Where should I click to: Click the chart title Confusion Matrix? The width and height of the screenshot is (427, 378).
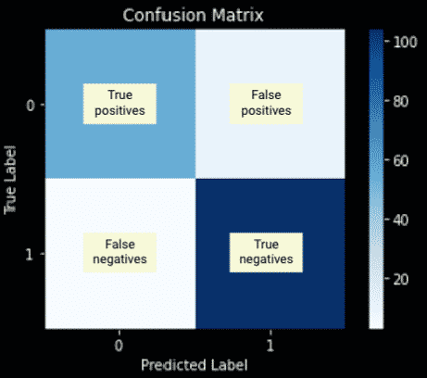[194, 15]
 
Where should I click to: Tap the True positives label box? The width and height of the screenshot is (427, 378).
[119, 104]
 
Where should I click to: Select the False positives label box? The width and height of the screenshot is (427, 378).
[266, 104]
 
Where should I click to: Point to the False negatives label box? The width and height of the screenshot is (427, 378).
[119, 253]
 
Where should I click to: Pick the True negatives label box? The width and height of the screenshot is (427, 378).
[266, 253]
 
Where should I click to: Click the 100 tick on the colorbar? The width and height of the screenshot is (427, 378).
[405, 42]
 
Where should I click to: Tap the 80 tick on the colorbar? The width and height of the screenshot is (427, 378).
[401, 101]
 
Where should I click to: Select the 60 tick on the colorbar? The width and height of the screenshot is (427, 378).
[401, 160]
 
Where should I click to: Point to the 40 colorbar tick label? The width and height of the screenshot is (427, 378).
[401, 220]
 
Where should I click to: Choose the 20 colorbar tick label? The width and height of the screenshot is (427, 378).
[401, 280]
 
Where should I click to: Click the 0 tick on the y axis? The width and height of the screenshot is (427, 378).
[31, 106]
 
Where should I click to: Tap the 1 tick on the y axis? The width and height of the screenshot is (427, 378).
[30, 255]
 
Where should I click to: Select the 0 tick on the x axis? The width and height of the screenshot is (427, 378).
[119, 346]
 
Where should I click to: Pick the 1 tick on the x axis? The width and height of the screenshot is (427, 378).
[270, 346]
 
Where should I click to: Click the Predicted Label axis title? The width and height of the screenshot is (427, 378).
[195, 365]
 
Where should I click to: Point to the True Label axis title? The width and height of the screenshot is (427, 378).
[10, 180]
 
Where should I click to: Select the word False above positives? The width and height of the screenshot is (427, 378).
[266, 94]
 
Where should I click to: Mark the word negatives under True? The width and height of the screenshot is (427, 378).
[266, 259]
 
